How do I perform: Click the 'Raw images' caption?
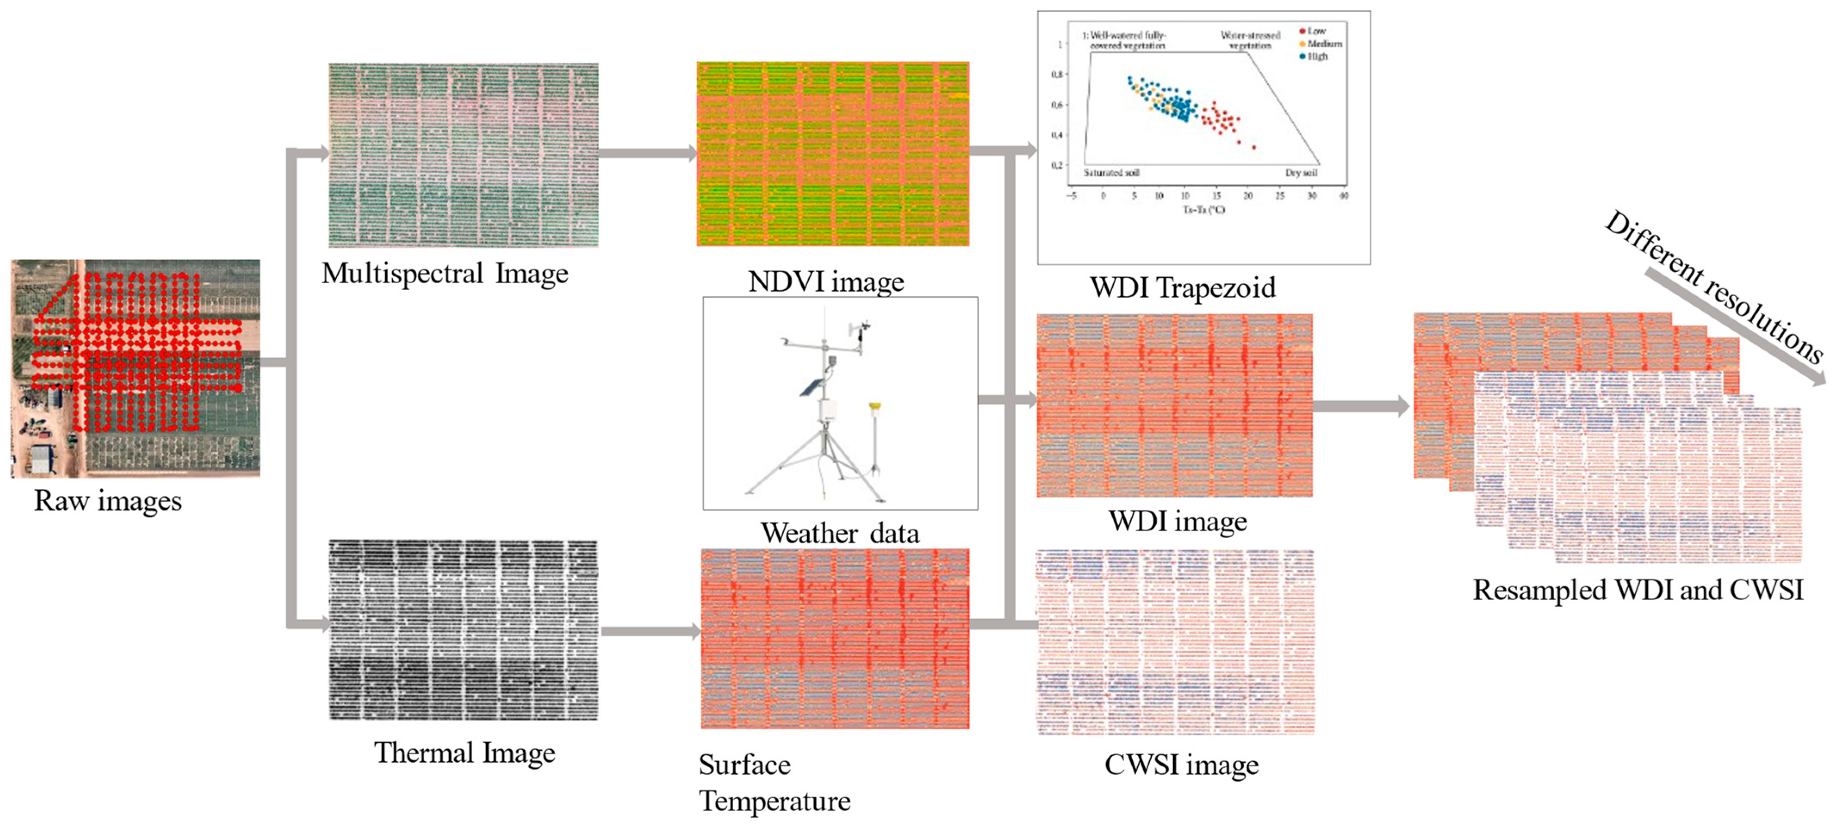coord(108,501)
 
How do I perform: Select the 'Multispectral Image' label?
coord(444,273)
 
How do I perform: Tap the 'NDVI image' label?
coord(826,282)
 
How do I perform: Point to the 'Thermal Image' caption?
coord(465,753)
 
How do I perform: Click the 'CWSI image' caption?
coord(1181,765)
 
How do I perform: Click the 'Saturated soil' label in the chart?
coord(1111,172)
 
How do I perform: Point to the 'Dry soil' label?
coord(1301,172)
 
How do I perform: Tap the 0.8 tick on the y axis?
coord(1057,74)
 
